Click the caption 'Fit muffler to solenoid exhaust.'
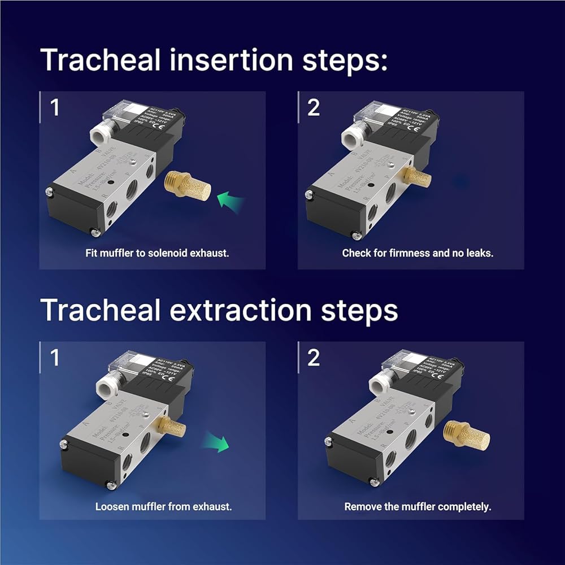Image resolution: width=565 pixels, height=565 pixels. (x=157, y=253)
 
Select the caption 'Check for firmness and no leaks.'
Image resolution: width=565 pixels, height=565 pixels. (x=418, y=253)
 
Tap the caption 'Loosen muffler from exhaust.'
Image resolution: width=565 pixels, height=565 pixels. (x=163, y=506)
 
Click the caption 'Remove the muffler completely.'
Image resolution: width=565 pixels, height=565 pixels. (x=418, y=506)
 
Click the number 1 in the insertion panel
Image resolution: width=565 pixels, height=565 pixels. (x=55, y=107)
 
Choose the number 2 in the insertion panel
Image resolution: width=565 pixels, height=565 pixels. (x=314, y=107)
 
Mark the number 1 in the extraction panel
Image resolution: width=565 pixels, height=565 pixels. (x=55, y=358)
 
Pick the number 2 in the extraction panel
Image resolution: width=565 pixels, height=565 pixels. (x=314, y=358)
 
